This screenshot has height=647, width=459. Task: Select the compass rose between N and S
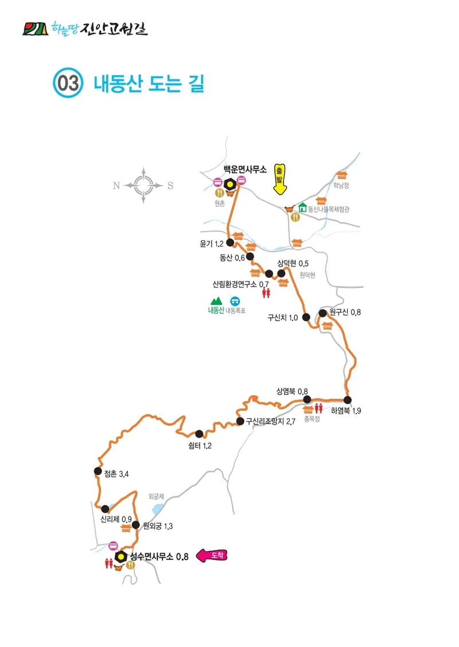coord(143,185)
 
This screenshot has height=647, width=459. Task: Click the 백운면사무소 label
coord(245,170)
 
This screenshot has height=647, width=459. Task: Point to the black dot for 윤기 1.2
coord(230,242)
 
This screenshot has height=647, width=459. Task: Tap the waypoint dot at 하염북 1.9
coord(347,400)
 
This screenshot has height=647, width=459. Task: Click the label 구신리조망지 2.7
coord(270,422)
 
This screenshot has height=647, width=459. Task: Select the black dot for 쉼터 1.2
coord(199,434)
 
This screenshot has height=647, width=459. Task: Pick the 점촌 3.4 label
coord(116,474)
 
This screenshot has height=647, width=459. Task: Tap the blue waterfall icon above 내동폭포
coord(235,301)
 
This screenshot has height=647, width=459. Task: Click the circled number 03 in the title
coord(68,84)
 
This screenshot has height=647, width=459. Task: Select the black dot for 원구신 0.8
coord(322,313)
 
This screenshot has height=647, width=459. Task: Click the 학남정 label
coord(341,186)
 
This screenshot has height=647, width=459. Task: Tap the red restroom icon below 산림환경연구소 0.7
coord(266,293)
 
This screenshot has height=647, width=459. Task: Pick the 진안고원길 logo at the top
coord(84,28)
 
